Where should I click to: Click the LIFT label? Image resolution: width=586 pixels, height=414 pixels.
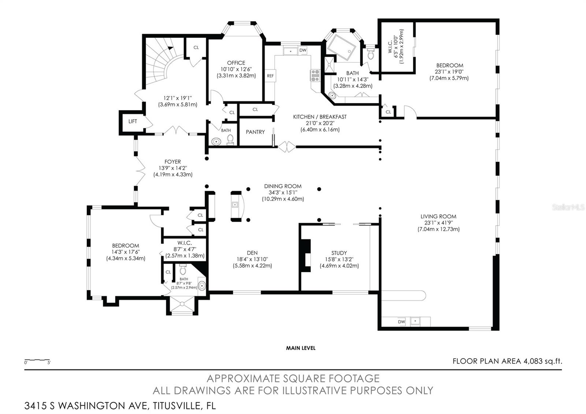coord(133,121)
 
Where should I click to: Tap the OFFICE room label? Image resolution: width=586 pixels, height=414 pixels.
coord(236,63)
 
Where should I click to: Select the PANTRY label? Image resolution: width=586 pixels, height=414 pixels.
coord(255,132)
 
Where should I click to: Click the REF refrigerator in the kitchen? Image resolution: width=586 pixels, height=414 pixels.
coord(270,75)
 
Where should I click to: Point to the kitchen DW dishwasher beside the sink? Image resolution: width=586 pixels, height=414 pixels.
coord(303,50)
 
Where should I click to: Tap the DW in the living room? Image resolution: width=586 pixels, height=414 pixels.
coord(401,322)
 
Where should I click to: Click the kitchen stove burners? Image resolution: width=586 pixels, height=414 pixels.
coord(315,75)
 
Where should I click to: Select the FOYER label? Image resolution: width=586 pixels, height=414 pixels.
coord(173,162)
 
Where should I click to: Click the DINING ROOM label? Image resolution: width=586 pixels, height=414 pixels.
coord(283,186)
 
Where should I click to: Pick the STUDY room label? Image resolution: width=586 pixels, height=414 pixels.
coord(339,253)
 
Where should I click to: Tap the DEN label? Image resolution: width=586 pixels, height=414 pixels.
coord(252,253)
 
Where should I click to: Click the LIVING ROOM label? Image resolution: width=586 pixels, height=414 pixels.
coord(438,217)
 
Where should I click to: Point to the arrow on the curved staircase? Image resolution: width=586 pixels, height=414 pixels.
coord(170,48)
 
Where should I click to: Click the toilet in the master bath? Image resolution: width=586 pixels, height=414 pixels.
coord(370,53)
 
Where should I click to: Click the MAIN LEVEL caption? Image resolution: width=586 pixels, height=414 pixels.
coord(301,348)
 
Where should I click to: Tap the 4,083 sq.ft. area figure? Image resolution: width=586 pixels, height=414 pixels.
coord(542,361)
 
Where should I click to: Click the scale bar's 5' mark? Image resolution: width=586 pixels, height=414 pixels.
coord(49,363)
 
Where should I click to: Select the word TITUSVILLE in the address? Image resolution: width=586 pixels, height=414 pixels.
coord(177,406)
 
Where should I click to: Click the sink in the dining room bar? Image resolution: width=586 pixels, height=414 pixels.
coord(235,205)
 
